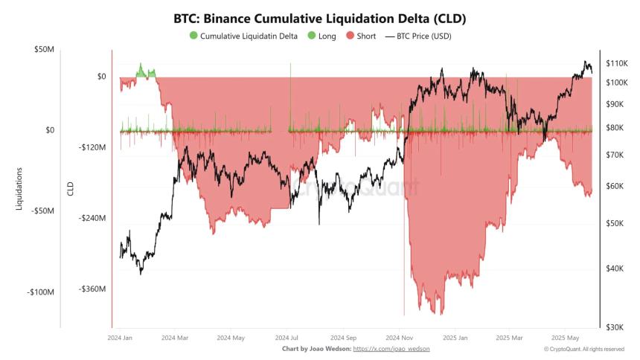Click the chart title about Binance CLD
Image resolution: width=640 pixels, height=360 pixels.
[320, 18]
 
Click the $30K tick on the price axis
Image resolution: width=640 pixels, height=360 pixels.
[615, 327]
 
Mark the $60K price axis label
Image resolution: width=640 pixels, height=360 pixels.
[615, 186]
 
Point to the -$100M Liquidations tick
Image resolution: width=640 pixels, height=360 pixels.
[40, 292]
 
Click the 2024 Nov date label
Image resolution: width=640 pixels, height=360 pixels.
[400, 337]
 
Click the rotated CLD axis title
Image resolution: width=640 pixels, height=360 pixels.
[71, 189]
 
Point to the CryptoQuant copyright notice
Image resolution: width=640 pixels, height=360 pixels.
[583, 349]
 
